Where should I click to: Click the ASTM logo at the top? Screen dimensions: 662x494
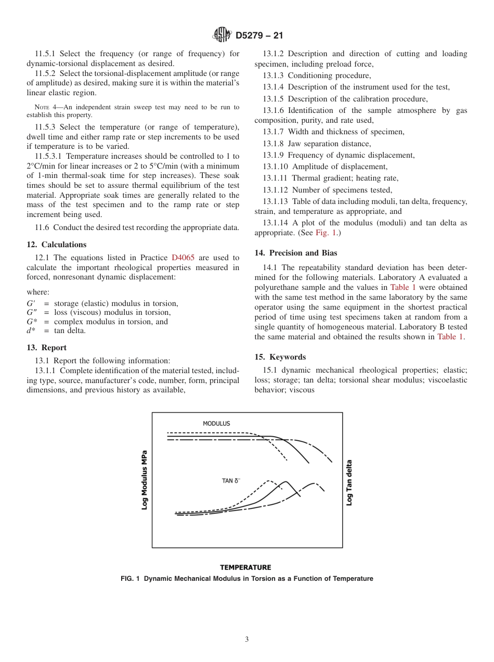[222, 35]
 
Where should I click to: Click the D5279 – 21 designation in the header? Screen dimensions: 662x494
[259, 35]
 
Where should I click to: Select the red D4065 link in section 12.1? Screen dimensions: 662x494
[183, 258]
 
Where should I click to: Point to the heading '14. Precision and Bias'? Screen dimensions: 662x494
[295, 253]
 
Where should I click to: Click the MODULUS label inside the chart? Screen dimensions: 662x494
[216, 424]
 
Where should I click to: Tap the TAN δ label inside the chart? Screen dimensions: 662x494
[230, 481]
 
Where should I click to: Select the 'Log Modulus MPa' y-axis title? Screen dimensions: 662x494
[145, 480]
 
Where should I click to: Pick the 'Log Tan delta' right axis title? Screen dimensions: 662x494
[349, 482]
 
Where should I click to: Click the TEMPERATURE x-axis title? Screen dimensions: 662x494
[245, 567]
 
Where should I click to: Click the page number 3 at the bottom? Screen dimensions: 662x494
[247, 639]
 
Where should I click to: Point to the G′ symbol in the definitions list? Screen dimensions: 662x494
[32, 304]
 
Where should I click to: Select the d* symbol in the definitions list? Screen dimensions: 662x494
[31, 330]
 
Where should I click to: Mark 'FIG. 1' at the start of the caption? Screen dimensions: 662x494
[131, 579]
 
